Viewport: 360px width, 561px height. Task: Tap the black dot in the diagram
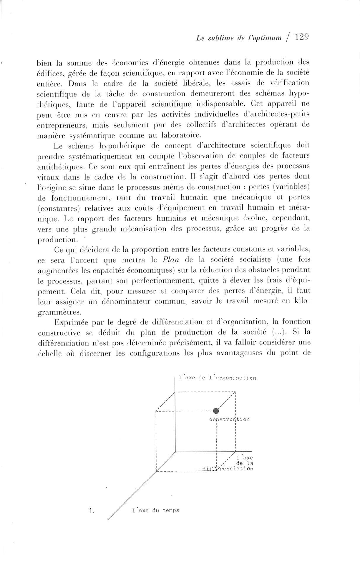[216, 411]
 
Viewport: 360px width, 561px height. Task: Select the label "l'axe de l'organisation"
[218, 378]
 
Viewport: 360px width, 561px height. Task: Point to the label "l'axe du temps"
[156, 510]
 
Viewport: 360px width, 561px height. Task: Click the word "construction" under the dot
[229, 419]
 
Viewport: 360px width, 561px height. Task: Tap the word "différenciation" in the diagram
[228, 468]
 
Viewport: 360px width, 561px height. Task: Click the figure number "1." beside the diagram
[91, 511]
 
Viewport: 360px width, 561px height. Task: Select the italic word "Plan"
[171, 260]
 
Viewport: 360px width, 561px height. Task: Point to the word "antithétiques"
[62, 167]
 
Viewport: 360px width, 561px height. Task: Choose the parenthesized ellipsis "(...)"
[275, 332]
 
